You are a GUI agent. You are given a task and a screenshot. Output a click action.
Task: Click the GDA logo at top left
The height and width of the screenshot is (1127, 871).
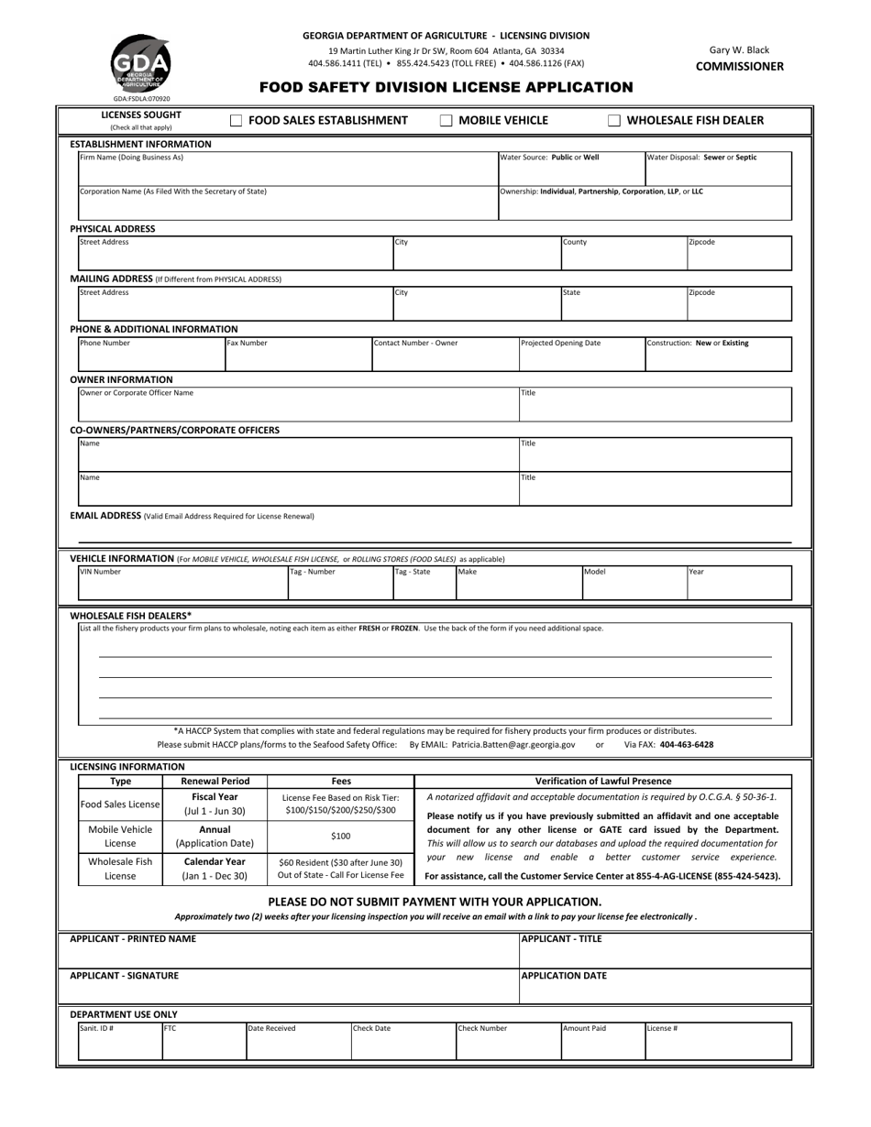pos(140,63)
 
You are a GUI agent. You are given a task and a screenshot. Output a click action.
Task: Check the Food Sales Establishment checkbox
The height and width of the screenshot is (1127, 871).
pos(236,120)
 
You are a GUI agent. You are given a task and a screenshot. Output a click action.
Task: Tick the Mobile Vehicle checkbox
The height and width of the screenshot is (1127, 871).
pos(447,120)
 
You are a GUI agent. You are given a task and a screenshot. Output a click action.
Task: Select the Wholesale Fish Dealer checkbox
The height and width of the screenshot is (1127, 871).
pos(614,120)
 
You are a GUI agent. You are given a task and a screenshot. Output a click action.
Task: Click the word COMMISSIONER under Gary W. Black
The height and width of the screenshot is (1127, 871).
pos(739,66)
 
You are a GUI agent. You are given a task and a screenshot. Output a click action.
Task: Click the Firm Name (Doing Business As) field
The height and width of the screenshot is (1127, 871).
pos(287,169)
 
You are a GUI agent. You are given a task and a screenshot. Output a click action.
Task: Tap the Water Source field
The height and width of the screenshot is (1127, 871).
pos(571,169)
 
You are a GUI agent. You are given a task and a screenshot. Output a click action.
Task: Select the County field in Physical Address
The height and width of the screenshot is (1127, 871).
pos(623,253)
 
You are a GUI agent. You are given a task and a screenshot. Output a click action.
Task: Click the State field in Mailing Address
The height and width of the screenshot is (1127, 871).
pos(623,303)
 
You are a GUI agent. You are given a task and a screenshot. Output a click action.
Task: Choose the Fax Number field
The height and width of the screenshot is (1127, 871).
pos(298,354)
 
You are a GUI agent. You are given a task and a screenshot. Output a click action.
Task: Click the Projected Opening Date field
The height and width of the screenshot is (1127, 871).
pos(581,354)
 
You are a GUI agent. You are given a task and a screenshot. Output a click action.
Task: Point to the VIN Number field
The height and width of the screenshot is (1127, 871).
pos(182,583)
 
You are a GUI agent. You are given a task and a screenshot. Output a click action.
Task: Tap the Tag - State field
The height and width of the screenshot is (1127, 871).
pos(424,583)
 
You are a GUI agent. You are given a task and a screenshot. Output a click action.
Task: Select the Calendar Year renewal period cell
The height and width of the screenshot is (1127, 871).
pos(214,869)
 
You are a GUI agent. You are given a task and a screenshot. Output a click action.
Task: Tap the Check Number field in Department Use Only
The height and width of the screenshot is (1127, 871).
pos(507,1041)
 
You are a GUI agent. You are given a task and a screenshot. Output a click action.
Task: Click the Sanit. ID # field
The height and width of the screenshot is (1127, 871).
pos(120,1041)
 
